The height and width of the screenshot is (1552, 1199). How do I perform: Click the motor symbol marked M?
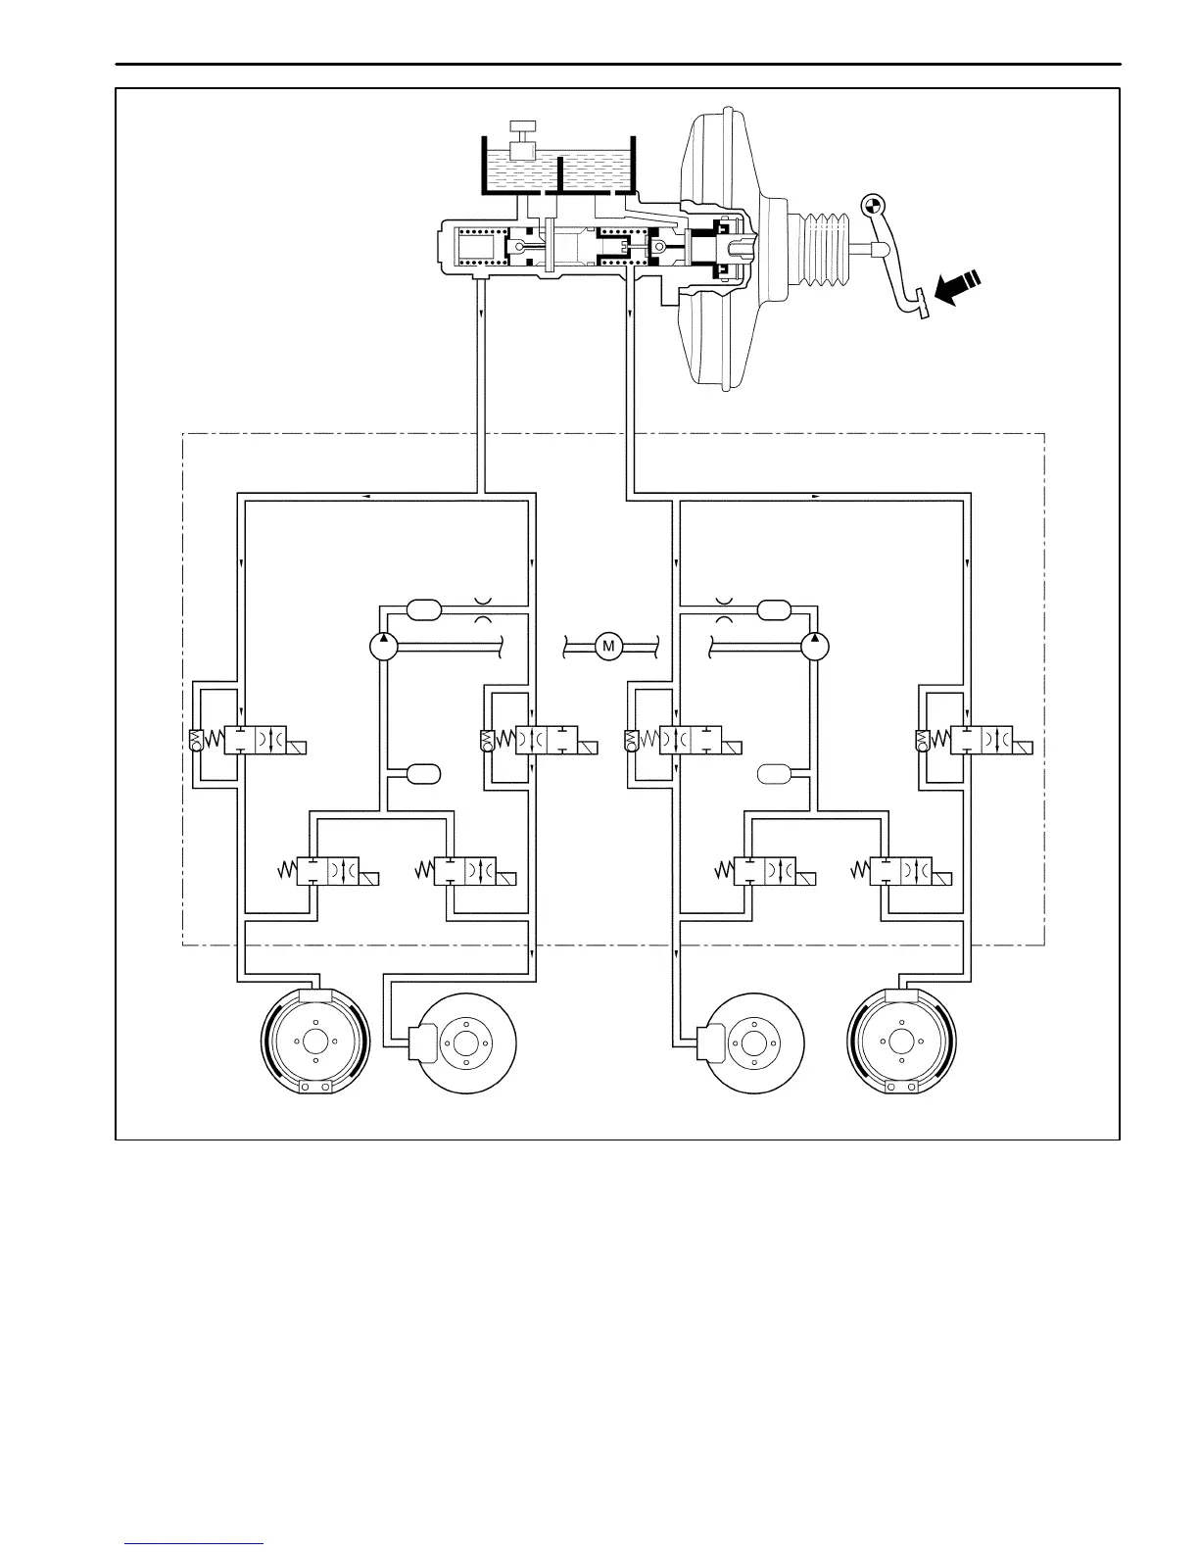608,646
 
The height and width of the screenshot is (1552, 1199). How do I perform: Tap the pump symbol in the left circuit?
382,646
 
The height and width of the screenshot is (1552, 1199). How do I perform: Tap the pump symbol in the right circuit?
814,646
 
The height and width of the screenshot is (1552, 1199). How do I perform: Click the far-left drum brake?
315,1044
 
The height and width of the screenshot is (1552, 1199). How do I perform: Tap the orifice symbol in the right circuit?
724,609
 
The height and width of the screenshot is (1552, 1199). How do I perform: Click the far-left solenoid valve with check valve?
250,741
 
